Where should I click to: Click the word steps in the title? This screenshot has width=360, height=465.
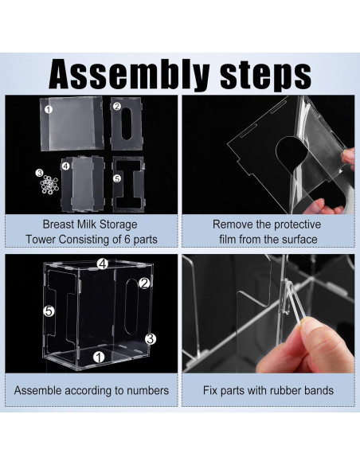click(x=266, y=76)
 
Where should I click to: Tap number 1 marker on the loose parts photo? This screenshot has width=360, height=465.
click(x=49, y=109)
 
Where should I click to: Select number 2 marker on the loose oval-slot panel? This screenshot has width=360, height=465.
click(x=117, y=106)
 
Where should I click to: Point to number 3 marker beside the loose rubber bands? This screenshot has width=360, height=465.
click(x=39, y=173)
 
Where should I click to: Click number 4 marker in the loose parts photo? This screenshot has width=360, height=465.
click(x=65, y=166)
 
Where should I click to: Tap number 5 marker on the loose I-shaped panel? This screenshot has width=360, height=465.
click(x=117, y=178)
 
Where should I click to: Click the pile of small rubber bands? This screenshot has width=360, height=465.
click(x=49, y=185)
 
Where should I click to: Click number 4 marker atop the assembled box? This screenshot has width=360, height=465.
click(x=103, y=264)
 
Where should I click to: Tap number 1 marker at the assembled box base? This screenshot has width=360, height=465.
click(x=99, y=357)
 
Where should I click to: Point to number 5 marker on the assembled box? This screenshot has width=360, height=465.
click(x=49, y=311)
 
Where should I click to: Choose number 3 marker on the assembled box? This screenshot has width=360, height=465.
click(x=151, y=338)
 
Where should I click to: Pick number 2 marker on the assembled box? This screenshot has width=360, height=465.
click(x=144, y=283)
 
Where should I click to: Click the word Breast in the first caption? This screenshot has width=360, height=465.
click(x=58, y=225)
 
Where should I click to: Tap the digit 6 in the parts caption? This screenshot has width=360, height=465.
click(x=127, y=240)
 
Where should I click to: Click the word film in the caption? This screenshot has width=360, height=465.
click(x=228, y=239)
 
